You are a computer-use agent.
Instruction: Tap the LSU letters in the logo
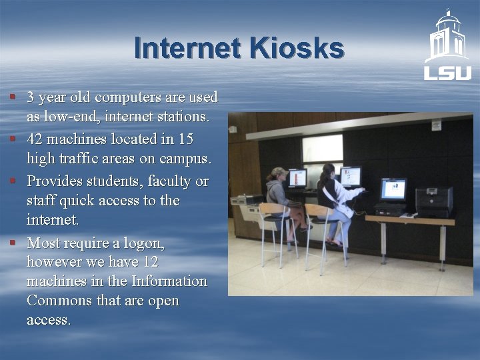[x=447, y=72]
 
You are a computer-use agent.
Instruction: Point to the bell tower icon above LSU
[x=447, y=37]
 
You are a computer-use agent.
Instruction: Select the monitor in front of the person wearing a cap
[x=297, y=179]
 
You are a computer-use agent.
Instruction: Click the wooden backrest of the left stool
[x=273, y=209]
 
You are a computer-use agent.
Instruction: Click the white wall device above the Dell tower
[x=436, y=125]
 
